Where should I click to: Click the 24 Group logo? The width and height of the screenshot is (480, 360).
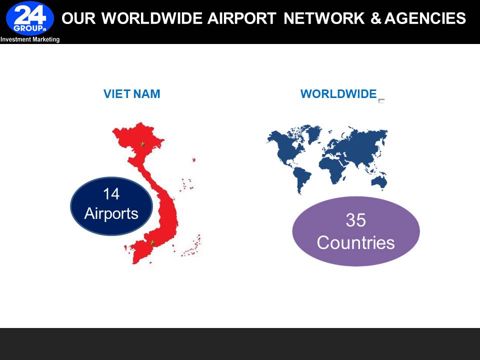30,18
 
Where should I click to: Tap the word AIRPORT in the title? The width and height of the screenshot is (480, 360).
242,18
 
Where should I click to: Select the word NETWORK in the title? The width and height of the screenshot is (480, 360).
324,18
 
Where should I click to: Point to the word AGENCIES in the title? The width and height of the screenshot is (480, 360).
425,18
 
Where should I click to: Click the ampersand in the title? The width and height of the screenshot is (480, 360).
375,18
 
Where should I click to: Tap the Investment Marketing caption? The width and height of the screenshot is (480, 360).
30,39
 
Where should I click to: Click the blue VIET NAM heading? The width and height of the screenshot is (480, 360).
131,94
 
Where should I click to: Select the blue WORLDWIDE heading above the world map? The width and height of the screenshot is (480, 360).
338,94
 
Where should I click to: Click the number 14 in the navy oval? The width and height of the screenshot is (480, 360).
111,194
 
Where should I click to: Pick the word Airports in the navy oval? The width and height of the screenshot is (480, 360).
111,213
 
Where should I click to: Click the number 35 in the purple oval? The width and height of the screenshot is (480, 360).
355,220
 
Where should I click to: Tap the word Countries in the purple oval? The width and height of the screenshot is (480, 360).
355,243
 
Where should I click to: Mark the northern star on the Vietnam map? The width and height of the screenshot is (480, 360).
142,144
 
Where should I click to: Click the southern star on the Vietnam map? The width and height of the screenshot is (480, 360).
152,243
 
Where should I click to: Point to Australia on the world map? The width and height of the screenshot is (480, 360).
379,182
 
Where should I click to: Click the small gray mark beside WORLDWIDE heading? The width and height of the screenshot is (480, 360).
381,101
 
